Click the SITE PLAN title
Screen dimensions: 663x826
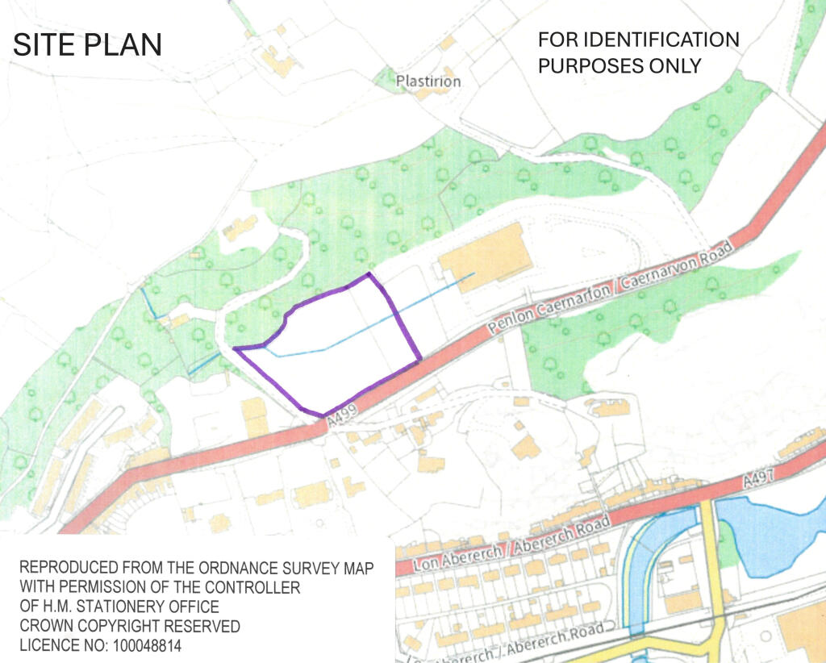[x=87, y=45]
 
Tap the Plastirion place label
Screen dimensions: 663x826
[x=428, y=81]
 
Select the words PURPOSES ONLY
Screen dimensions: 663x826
[x=619, y=65]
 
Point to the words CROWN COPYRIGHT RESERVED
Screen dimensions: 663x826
[x=130, y=625]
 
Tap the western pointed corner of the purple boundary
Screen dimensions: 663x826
[x=235, y=349]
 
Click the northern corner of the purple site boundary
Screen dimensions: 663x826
[x=369, y=275]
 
